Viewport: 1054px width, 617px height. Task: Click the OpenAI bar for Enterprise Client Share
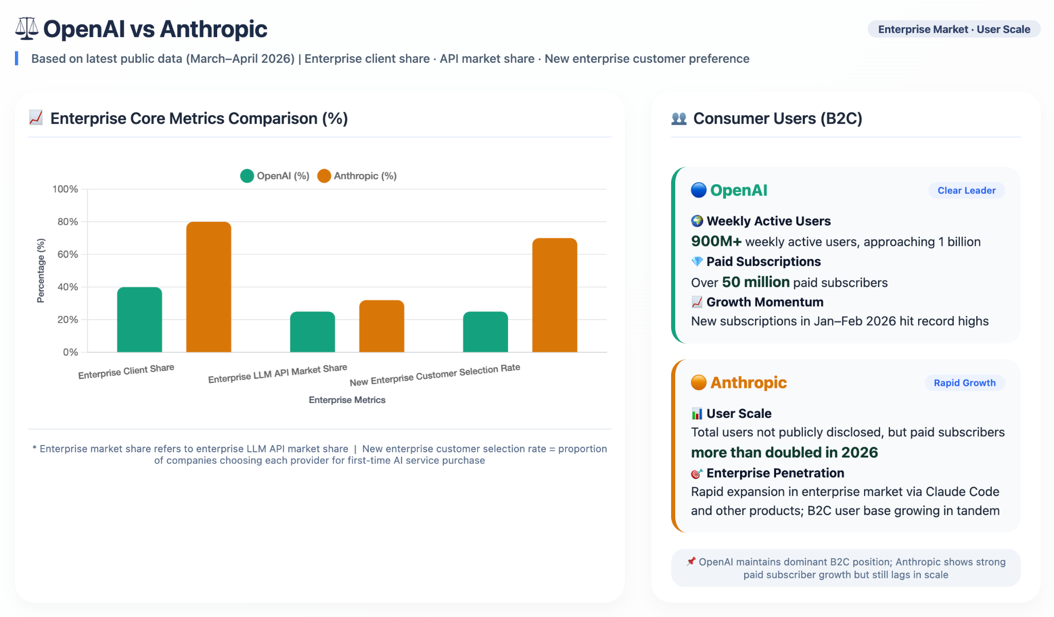click(x=139, y=320)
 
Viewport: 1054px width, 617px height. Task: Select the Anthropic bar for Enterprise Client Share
click(x=208, y=287)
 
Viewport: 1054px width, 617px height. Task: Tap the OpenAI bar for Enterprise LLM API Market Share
click(x=312, y=332)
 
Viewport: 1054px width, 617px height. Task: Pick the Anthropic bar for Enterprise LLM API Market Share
click(x=381, y=326)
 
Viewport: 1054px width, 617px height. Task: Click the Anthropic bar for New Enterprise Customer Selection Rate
click(x=554, y=295)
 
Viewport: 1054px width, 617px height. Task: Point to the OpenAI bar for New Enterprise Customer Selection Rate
click(x=485, y=332)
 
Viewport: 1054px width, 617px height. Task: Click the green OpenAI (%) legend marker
click(x=247, y=176)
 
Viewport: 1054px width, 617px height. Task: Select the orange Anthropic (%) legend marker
click(x=324, y=176)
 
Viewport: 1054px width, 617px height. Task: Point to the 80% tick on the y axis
click(x=68, y=222)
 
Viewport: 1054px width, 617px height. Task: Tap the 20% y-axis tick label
click(x=68, y=320)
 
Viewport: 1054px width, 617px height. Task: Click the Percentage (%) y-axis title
click(x=41, y=271)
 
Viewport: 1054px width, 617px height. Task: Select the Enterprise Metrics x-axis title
click(x=347, y=400)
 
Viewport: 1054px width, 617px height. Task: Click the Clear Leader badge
click(x=967, y=190)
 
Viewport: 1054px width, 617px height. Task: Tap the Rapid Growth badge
click(x=964, y=383)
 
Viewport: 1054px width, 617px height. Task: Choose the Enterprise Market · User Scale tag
click(x=954, y=29)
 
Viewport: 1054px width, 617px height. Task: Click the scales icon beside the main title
click(x=27, y=29)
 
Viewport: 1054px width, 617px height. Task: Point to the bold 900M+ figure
click(x=716, y=241)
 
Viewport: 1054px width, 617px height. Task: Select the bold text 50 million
click(x=756, y=282)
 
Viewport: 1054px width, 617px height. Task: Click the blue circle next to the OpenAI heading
click(x=698, y=190)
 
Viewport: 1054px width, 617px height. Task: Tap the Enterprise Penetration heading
click(x=775, y=473)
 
